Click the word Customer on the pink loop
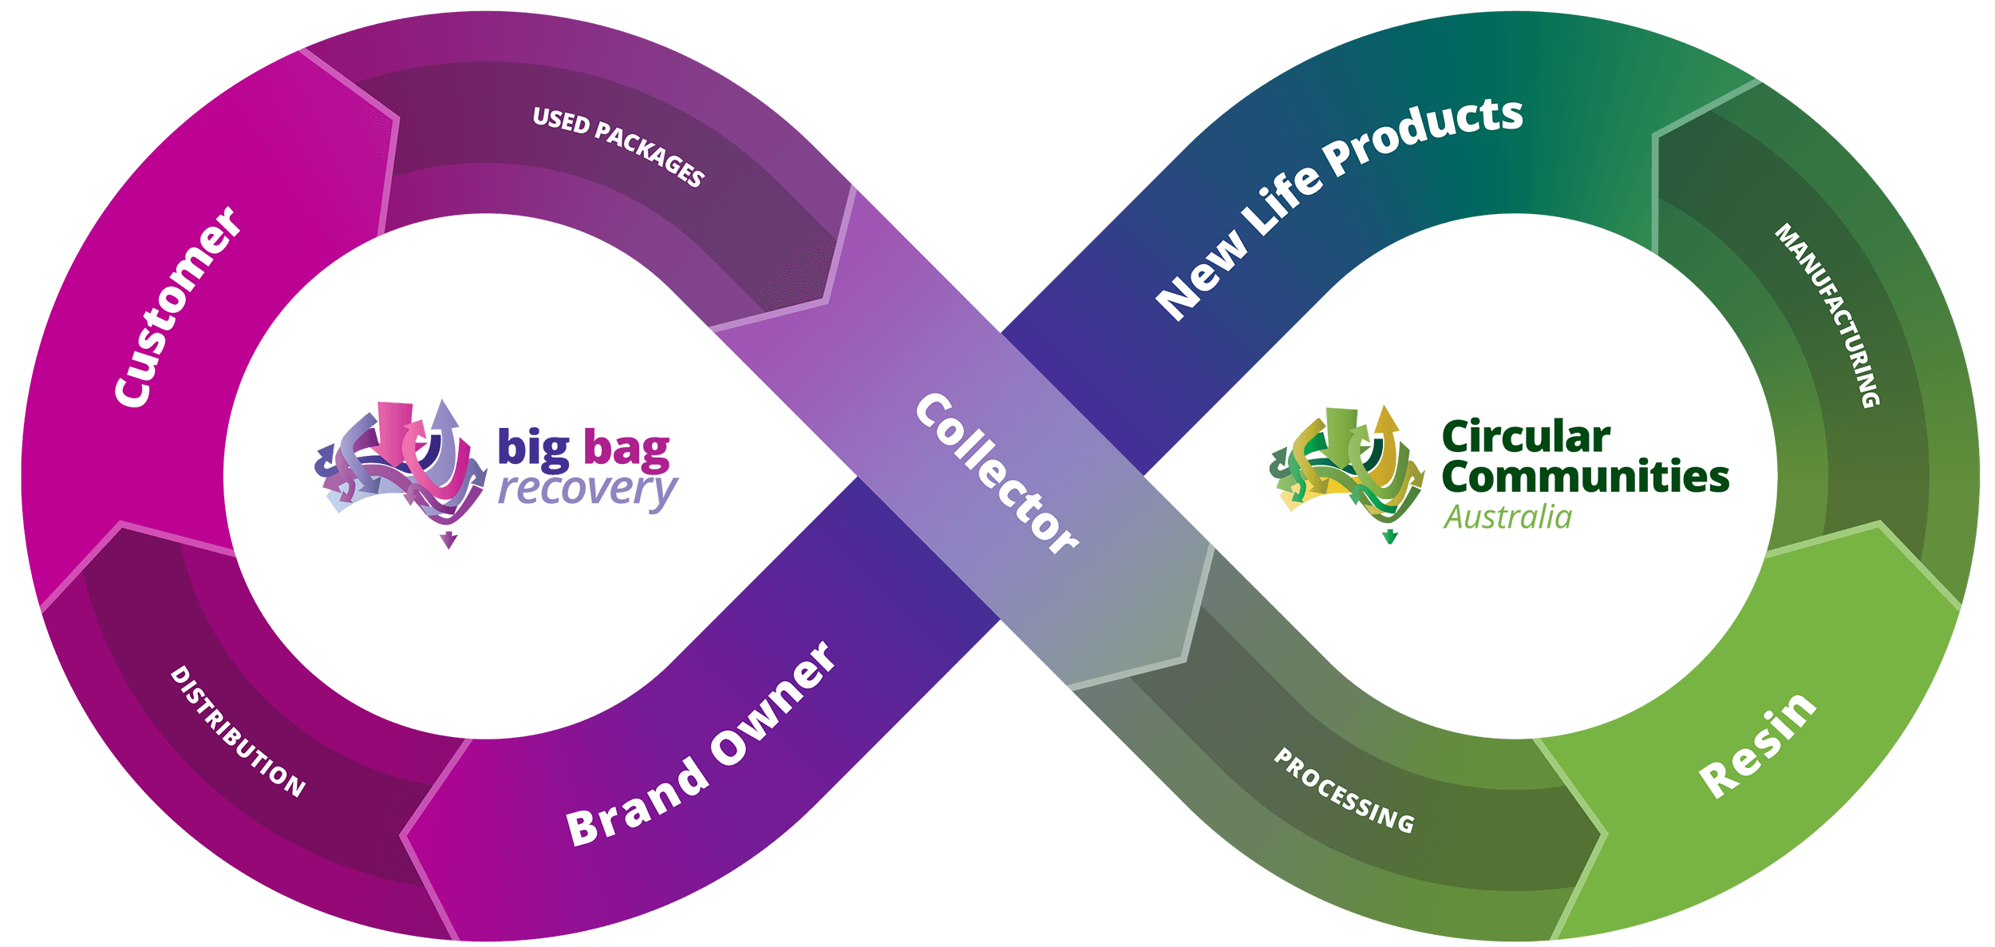177,307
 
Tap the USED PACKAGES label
618,147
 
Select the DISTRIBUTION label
238,731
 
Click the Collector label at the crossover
997,473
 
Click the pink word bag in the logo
626,449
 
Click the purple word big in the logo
534,449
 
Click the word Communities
1585,477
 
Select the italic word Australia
1507,517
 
